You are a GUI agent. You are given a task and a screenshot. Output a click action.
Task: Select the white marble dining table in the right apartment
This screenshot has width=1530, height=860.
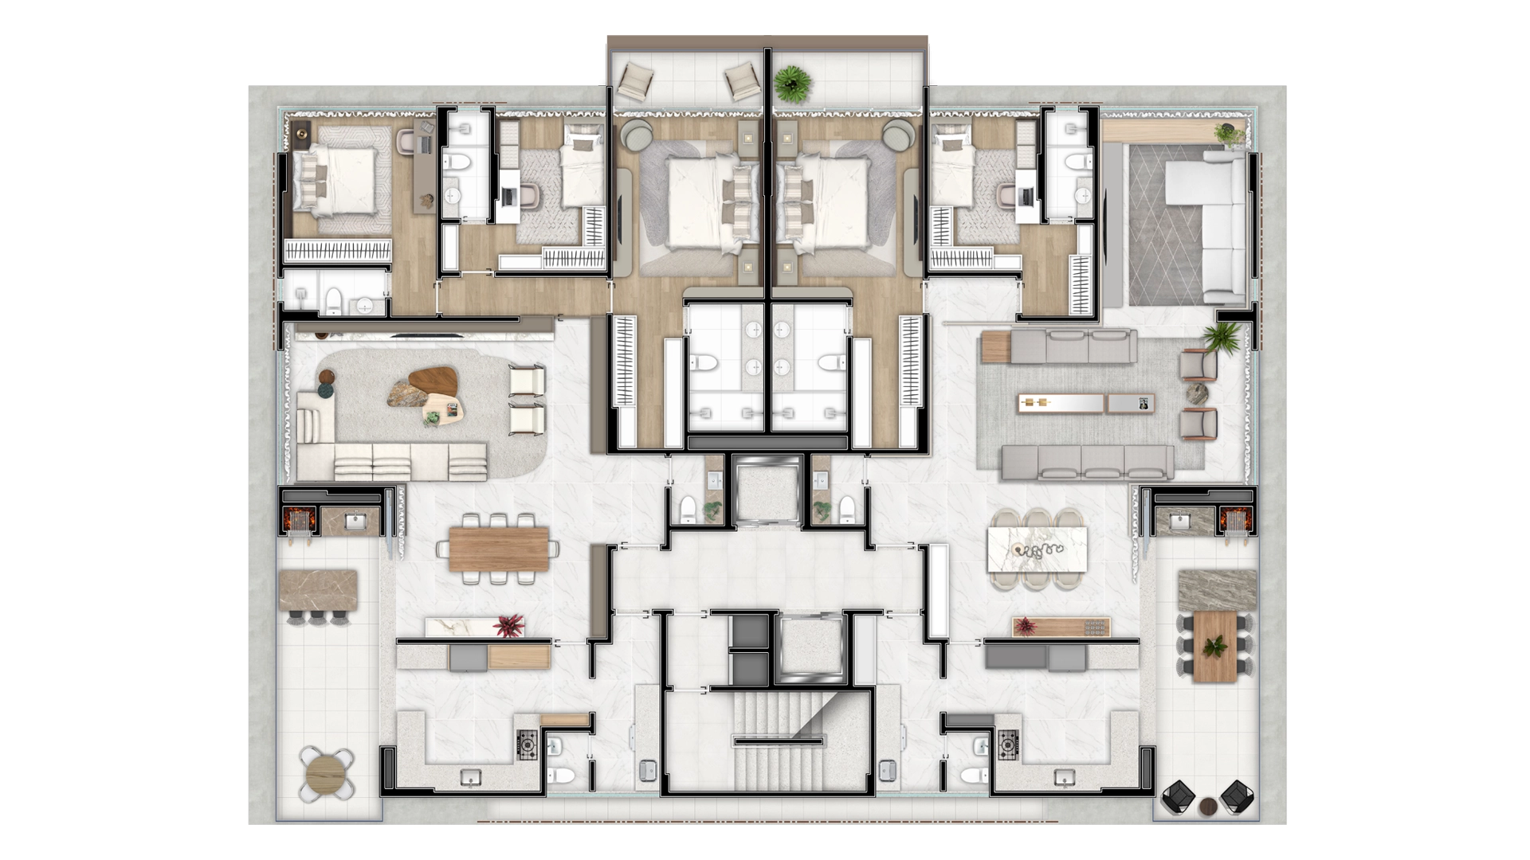pyautogui.click(x=1037, y=549)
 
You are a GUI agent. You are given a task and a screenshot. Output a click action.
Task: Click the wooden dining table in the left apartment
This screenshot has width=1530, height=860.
pyautogui.click(x=499, y=549)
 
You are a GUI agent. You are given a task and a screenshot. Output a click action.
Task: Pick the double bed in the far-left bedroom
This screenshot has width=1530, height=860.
pyautogui.click(x=335, y=182)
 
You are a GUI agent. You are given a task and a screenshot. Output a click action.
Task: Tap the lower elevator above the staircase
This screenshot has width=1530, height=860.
pyautogui.click(x=805, y=649)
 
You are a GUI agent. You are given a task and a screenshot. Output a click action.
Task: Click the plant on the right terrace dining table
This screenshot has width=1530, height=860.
pyautogui.click(x=1215, y=647)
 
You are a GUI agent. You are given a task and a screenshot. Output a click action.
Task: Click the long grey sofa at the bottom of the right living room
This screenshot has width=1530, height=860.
pyautogui.click(x=1087, y=462)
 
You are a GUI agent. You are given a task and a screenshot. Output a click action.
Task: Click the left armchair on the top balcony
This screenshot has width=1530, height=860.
pyautogui.click(x=637, y=80)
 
